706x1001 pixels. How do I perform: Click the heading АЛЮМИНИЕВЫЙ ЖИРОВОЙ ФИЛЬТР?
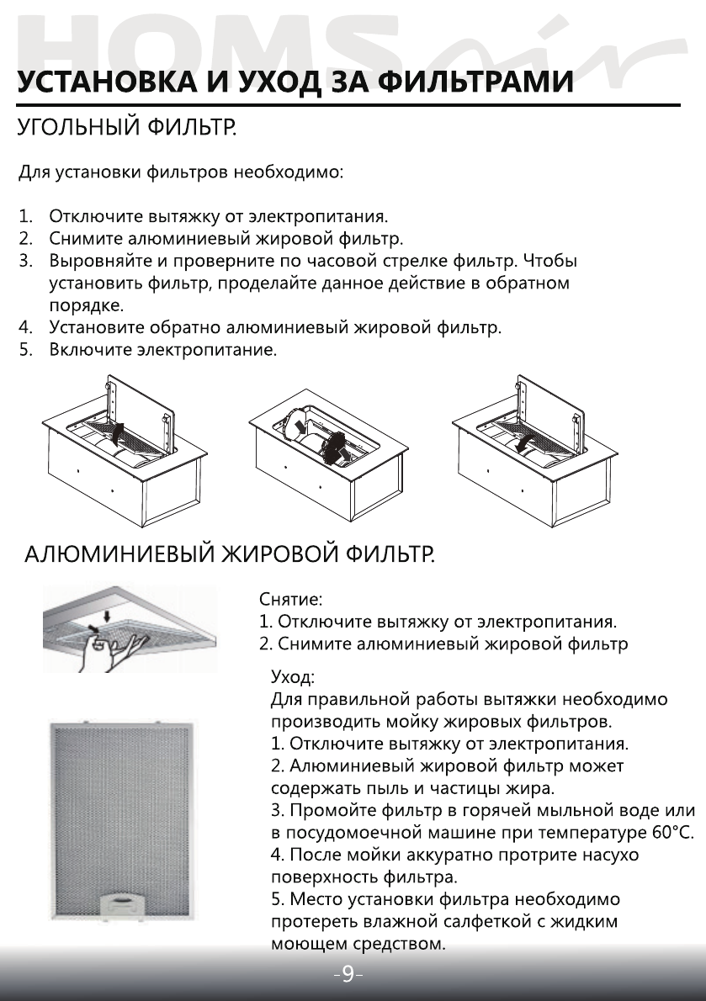[x=229, y=556]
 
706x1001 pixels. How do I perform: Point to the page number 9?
[x=348, y=976]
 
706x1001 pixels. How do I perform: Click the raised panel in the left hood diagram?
[x=141, y=412]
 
